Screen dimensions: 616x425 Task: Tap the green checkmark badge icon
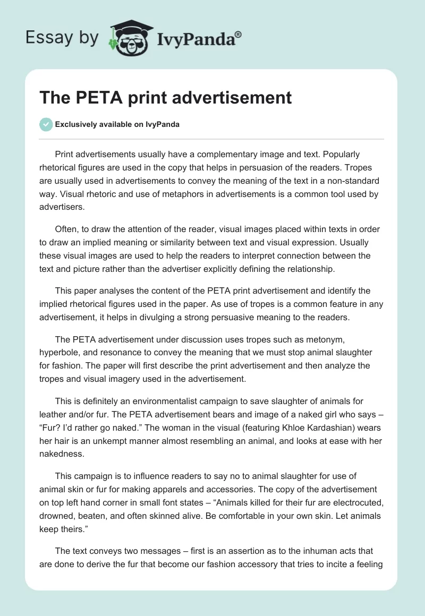[46, 124]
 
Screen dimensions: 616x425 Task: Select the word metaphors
[166, 194]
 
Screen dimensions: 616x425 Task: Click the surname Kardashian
[322, 427]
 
